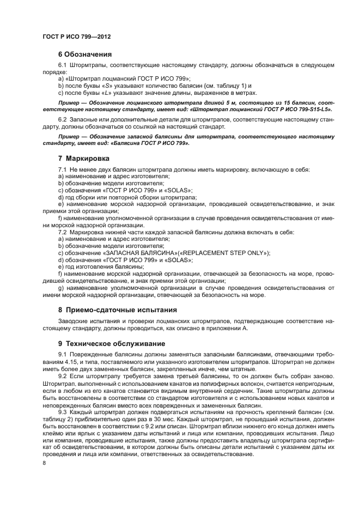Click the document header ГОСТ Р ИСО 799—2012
click(77, 37)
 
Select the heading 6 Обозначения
click(84, 54)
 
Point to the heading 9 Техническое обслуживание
click(111, 344)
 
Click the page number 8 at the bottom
click(44, 463)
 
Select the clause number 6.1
click(62, 65)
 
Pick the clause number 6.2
click(62, 119)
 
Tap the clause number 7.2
click(62, 233)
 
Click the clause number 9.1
click(62, 355)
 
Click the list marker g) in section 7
click(60, 288)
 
